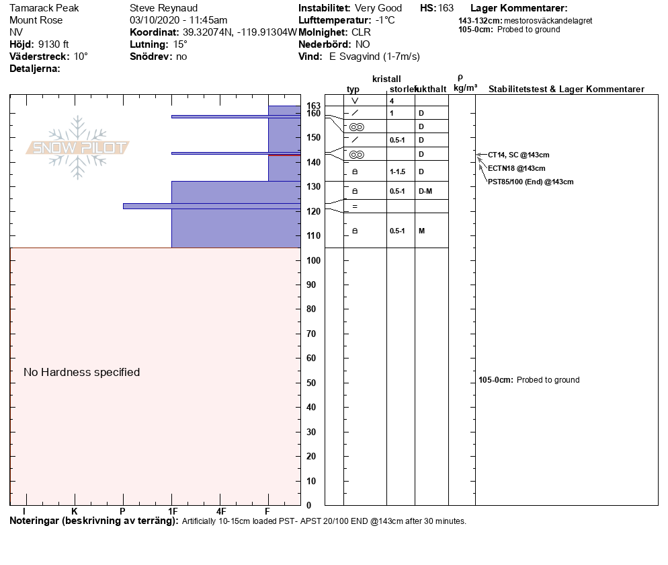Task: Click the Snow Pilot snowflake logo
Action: [x=78, y=147]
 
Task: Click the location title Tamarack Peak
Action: [x=44, y=8]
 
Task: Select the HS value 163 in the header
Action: [x=446, y=8]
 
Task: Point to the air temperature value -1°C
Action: [x=385, y=20]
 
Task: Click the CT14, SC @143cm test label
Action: [x=519, y=155]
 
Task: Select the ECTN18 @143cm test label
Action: [x=517, y=168]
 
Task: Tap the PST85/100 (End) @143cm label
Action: [x=531, y=182]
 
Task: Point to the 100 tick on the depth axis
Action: [x=312, y=260]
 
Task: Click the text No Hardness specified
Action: [x=81, y=372]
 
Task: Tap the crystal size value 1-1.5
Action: [x=399, y=172]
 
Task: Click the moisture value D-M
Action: [x=425, y=192]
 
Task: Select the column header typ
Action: [x=353, y=89]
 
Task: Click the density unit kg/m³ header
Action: [x=465, y=88]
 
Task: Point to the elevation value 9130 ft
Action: [x=54, y=44]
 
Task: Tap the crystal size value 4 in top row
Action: [x=392, y=101]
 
